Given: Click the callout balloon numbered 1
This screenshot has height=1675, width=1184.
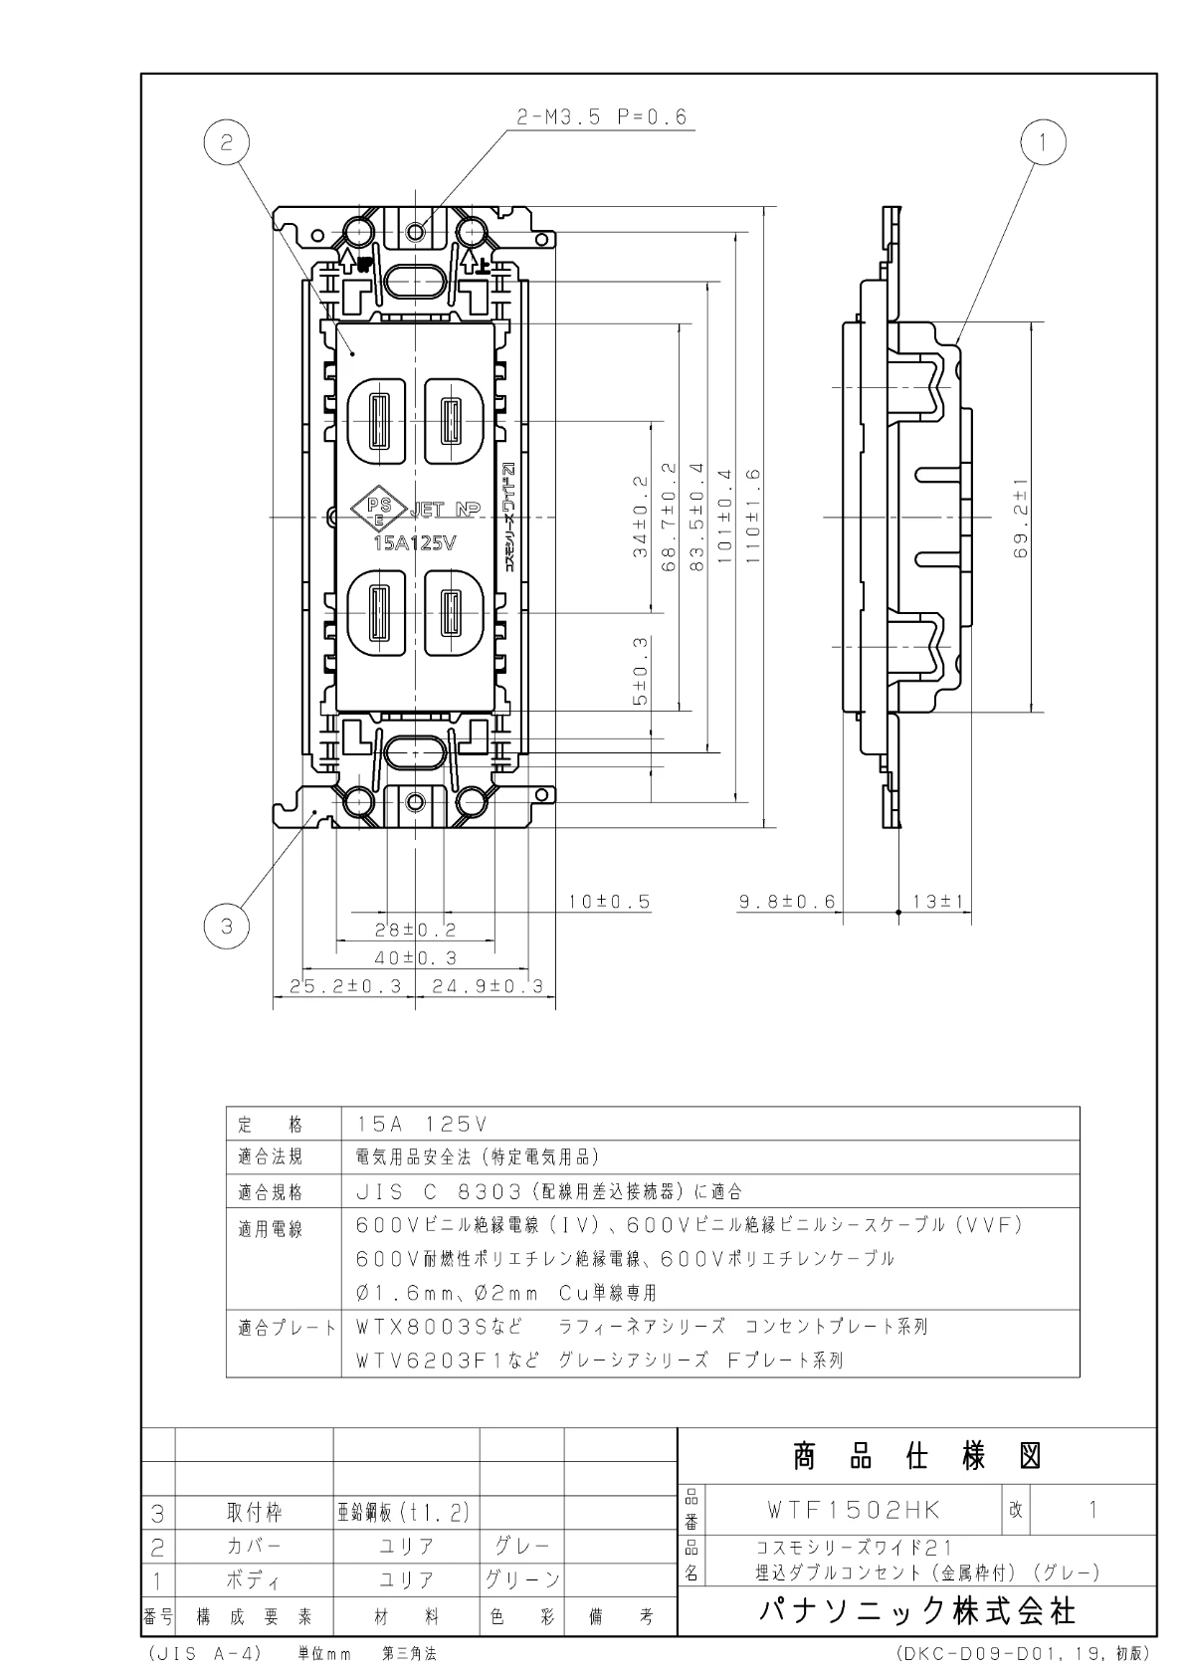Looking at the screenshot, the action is click(1044, 143).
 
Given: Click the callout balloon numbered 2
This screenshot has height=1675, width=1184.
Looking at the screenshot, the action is click(227, 143).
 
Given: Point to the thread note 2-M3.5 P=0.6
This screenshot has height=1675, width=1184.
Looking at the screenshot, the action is click(602, 117).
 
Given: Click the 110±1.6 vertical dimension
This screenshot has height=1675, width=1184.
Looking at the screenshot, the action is click(752, 517).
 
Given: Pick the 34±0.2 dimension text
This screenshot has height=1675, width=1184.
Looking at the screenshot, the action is click(640, 517).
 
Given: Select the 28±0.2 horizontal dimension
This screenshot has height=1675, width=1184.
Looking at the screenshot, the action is click(415, 930).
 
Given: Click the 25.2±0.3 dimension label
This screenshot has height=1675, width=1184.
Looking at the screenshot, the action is click(345, 986).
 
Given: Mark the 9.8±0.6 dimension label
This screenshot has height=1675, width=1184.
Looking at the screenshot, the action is click(787, 902).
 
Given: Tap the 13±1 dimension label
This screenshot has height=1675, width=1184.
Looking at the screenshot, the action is click(939, 902).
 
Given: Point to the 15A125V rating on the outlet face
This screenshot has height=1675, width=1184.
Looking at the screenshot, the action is click(414, 543).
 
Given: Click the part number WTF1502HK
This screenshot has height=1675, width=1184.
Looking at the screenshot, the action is click(853, 1509).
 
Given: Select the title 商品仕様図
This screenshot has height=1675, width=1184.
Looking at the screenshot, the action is click(916, 1457).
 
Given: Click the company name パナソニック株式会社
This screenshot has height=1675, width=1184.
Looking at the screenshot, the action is click(916, 1610).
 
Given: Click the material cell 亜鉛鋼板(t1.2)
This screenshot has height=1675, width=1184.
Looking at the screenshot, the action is click(402, 1513).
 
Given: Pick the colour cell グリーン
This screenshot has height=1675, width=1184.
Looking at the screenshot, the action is click(522, 1579).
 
